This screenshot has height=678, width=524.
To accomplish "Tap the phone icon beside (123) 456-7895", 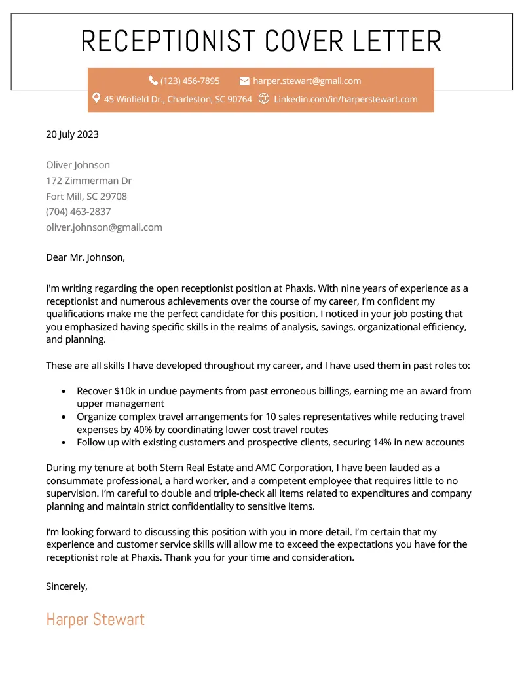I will [153, 81].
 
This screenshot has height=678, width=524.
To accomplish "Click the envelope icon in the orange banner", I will [244, 81].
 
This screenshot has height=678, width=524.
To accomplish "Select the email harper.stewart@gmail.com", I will [307, 81].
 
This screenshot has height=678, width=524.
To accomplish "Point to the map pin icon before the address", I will [96, 98].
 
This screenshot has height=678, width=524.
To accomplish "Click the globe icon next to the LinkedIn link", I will [264, 98].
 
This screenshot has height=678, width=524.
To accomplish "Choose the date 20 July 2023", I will [72, 134].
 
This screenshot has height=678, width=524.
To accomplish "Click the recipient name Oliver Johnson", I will [78, 165].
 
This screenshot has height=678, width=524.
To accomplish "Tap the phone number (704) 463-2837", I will [78, 212].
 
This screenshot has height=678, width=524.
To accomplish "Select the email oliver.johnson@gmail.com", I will [103, 227].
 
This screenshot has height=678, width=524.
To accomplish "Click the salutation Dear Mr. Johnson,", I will [85, 257].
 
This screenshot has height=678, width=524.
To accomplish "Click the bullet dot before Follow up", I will [63, 442].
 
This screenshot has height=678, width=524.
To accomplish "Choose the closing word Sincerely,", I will [66, 586].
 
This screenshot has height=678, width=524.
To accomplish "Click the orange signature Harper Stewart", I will [95, 620].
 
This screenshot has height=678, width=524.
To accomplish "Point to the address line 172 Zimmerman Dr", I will [88, 181].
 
